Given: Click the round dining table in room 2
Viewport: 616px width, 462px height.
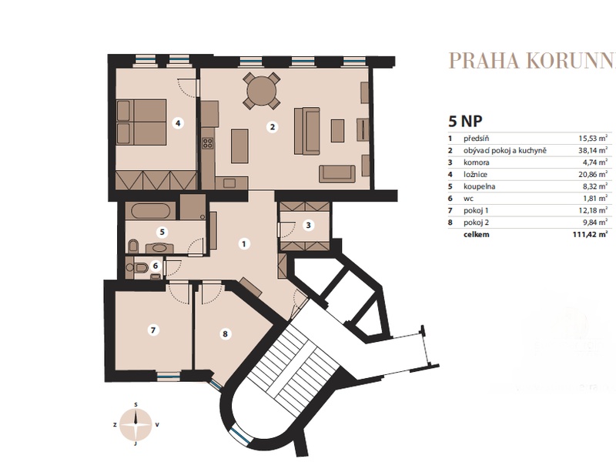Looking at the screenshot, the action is (x=262, y=90).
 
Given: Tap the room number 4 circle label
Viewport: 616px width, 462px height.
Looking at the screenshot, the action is (x=178, y=123).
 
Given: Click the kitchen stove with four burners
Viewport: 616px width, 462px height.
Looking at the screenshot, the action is (x=208, y=143).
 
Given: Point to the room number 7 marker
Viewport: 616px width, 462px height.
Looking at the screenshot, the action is (x=153, y=330).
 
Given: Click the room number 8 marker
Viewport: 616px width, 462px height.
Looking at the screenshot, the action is (x=225, y=334).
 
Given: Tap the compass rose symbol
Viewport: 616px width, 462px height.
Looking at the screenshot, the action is (x=136, y=424).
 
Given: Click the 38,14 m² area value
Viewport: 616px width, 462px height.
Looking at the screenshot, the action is (x=593, y=150).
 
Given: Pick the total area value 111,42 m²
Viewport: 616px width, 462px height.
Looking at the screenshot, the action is (x=590, y=235).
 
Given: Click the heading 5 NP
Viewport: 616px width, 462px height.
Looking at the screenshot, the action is (x=465, y=121).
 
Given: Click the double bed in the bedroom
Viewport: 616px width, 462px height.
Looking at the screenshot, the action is (x=142, y=122).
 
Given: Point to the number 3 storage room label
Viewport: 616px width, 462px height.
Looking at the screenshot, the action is (x=309, y=225).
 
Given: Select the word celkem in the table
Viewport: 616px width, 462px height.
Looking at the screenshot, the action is (x=477, y=235).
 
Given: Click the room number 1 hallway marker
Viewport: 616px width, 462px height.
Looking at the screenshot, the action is (x=244, y=244).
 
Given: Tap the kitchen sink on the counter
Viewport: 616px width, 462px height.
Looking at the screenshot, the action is (x=229, y=182).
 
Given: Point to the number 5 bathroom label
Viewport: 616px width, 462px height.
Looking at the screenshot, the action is (x=162, y=233).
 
